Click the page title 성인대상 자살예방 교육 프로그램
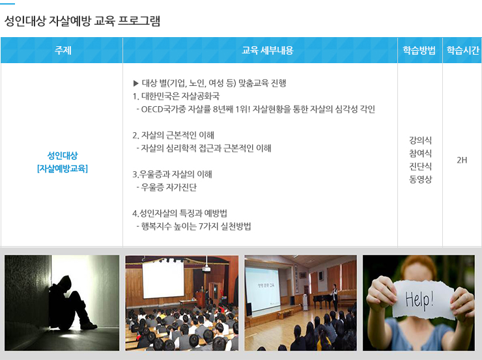pyautogui.click(x=82, y=21)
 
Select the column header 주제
pyautogui.click(x=63, y=50)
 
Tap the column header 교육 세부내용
pyautogui.click(x=268, y=50)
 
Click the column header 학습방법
pyautogui.click(x=419, y=50)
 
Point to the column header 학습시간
pyautogui.click(x=463, y=50)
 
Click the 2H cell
pyautogui.click(x=462, y=160)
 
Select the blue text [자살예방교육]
pyautogui.click(x=63, y=169)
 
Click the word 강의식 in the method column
pyautogui.click(x=420, y=141)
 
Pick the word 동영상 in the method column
pyautogui.click(x=420, y=179)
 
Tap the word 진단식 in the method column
pyautogui.click(x=420, y=166)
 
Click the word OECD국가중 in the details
pyautogui.click(x=163, y=109)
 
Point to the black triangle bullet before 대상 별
pyautogui.click(x=136, y=83)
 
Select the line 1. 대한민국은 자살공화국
pyautogui.click(x=176, y=96)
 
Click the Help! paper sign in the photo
pyautogui.click(x=420, y=299)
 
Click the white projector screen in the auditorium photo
pyautogui.click(x=163, y=279)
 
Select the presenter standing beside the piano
pyautogui.click(x=334, y=298)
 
